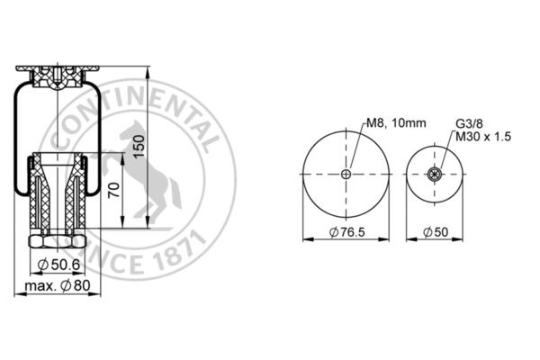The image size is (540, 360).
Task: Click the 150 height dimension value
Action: pos(139,147)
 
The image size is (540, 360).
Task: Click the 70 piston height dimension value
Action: pos(114,190)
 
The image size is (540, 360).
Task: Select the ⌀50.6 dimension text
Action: pos(58,265)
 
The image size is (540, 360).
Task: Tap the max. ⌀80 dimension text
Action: pos(58,285)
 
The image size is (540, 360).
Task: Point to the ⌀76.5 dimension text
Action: pos(346,232)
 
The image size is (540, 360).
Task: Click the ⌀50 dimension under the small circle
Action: pos(436,232)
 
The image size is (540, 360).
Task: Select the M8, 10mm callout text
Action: pos(396,122)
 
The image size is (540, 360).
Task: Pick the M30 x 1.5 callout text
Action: pos(483,137)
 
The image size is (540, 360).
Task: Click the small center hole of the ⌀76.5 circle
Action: pos(346,174)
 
